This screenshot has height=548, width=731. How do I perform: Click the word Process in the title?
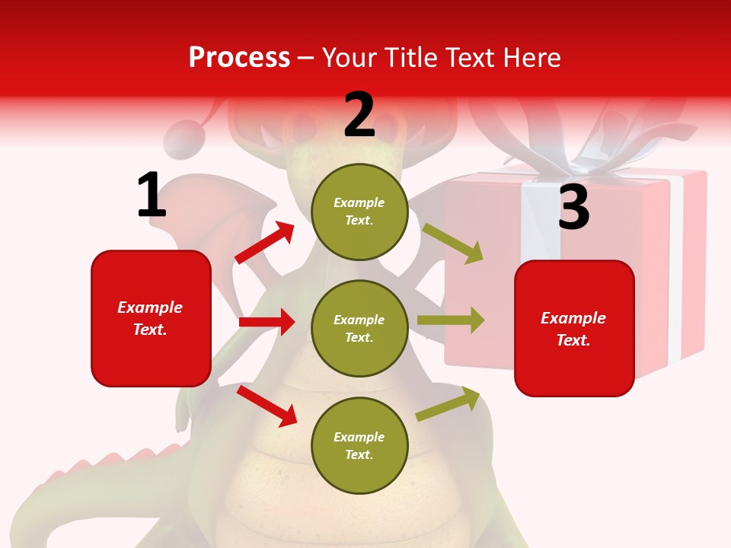click(239, 58)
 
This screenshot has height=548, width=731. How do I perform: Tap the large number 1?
click(152, 195)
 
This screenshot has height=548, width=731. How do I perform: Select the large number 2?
click(359, 115)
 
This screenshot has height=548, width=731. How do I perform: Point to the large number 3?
click(573, 207)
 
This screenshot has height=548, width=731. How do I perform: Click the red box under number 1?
click(151, 318)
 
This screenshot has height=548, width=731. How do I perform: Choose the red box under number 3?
click(574, 329)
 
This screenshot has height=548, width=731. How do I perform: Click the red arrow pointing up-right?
click(265, 243)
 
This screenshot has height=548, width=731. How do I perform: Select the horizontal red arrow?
click(267, 322)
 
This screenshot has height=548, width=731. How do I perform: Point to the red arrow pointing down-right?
click(267, 406)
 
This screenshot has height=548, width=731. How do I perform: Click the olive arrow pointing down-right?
click(452, 244)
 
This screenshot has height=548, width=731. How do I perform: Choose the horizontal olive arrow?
click(450, 320)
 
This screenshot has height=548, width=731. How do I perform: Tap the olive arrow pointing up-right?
click(448, 404)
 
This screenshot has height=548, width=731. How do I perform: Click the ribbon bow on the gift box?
click(579, 137)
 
